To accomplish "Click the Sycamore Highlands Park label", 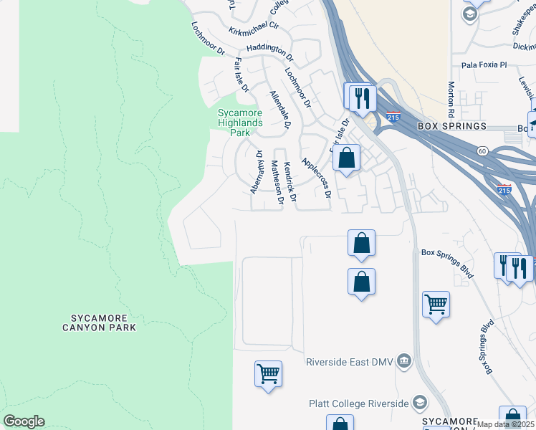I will click(241, 123).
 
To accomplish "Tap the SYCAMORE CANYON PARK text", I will click(104, 322).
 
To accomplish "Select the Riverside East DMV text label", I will click(350, 362).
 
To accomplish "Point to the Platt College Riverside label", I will click(358, 403).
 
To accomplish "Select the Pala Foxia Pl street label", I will click(484, 64).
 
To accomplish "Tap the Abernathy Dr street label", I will click(255, 171).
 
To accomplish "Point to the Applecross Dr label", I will click(317, 178).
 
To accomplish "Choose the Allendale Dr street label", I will click(279, 109).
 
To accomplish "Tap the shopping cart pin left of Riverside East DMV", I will click(268, 373).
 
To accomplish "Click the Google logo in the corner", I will click(24, 421).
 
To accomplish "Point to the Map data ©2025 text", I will click(506, 424).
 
